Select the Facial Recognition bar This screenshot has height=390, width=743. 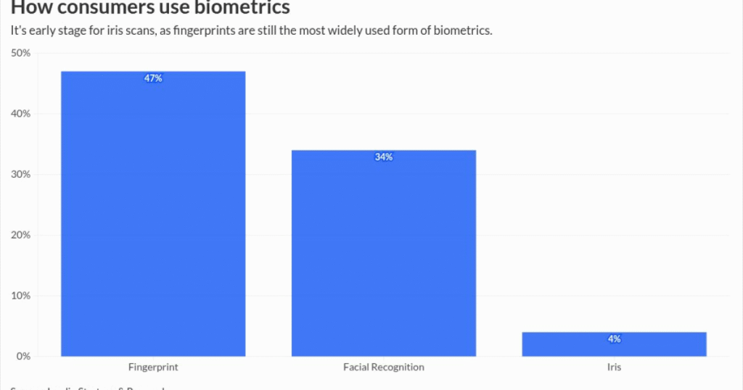pyautogui.click(x=383, y=253)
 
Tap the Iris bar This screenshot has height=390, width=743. pyautogui.click(x=614, y=344)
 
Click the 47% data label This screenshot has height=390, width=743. pyautogui.click(x=153, y=78)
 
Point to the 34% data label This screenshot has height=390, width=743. pyautogui.click(x=383, y=157)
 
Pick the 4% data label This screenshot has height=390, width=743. pyautogui.click(x=614, y=339)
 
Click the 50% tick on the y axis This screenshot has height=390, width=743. pyautogui.click(x=20, y=53)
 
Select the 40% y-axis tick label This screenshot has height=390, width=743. pyautogui.click(x=20, y=114)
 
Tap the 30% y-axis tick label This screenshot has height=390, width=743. pyautogui.click(x=20, y=175)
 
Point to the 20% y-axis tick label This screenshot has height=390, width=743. pyautogui.click(x=20, y=235)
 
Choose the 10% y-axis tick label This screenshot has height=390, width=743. pyautogui.click(x=20, y=296)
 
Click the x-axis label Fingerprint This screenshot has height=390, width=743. pyautogui.click(x=153, y=368)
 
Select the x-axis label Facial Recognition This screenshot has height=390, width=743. pyautogui.click(x=383, y=368)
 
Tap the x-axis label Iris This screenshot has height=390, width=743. pyautogui.click(x=614, y=368)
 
